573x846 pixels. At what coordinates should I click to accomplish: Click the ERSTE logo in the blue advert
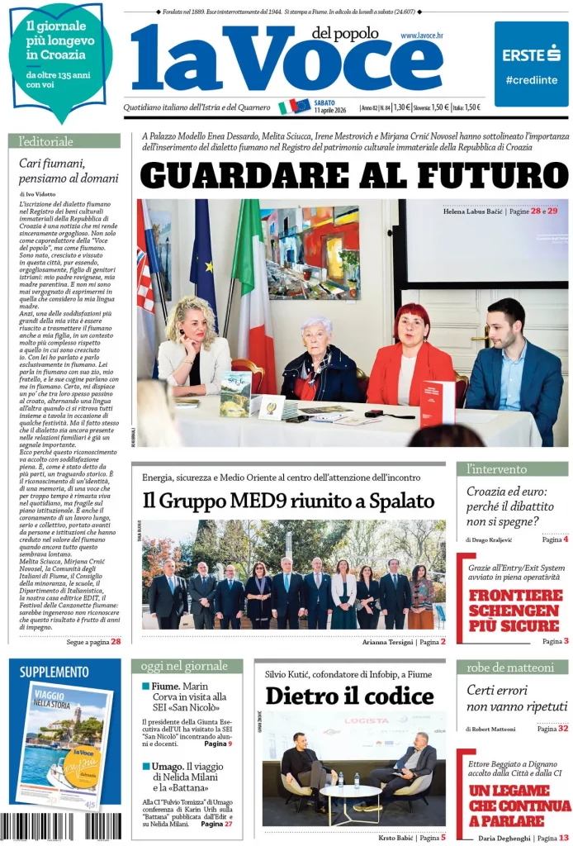click(x=531, y=55)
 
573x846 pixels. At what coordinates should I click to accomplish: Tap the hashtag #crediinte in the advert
click(x=531, y=80)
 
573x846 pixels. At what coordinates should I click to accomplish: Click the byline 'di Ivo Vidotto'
click(x=38, y=193)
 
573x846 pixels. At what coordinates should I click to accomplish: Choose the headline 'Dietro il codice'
click(x=349, y=696)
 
